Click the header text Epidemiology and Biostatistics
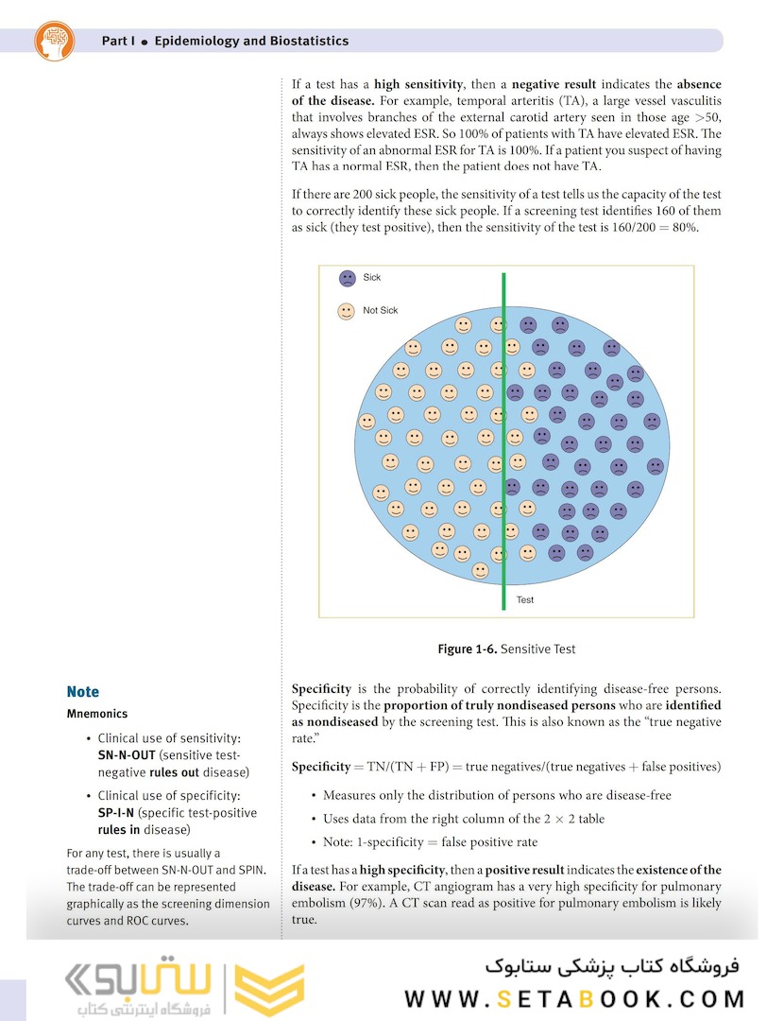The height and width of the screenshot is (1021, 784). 250,41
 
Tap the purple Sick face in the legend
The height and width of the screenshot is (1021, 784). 347,278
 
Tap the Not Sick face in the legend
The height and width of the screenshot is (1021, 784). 347,310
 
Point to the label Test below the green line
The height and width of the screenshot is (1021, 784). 525,600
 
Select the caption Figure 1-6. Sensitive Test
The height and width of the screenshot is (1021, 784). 505,649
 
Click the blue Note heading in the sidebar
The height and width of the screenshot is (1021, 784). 83,692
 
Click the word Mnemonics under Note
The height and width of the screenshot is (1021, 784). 97,714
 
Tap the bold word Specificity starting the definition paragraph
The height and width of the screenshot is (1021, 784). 321,689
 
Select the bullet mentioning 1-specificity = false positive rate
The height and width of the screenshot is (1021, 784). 431,842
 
